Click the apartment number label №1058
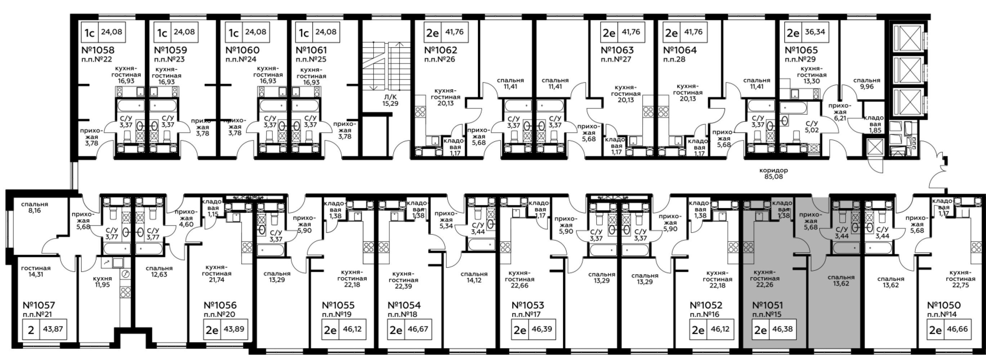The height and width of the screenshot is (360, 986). [98, 50]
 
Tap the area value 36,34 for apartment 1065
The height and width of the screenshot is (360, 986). [814, 32]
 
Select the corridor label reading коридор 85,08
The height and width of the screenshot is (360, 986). [773, 173]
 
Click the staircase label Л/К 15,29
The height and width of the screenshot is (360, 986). [390, 100]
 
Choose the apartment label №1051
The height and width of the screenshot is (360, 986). [768, 305]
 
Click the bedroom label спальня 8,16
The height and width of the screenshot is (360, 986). [35, 207]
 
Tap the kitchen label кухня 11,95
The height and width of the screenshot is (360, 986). [103, 281]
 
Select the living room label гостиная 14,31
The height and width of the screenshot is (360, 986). [36, 271]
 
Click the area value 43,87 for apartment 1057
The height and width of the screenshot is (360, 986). [53, 329]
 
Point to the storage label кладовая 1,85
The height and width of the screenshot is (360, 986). [873, 124]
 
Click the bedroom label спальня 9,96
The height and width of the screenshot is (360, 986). [867, 84]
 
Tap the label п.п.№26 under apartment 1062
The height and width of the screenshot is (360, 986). [440, 59]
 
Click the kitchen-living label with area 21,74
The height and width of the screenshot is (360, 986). [217, 274]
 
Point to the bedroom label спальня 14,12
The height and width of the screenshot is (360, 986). [474, 277]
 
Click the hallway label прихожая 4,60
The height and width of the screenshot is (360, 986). [186, 218]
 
